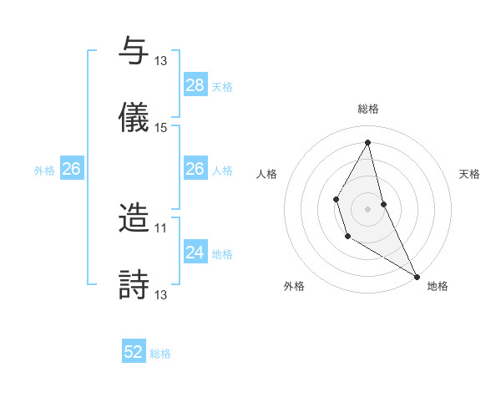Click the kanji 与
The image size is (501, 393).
tap(134, 51)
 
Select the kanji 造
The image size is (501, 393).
tap(134, 217)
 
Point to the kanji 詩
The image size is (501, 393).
tap(134, 284)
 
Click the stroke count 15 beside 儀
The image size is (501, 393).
tap(161, 128)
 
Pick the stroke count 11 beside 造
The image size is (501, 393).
tap(161, 227)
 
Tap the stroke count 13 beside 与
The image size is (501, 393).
tap(161, 61)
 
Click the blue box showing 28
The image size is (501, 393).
tap(195, 85)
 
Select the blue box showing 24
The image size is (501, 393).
tap(195, 253)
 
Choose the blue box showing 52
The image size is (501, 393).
tap(134, 352)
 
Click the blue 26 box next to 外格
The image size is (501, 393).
tap(71, 169)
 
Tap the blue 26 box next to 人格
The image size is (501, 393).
tap(195, 169)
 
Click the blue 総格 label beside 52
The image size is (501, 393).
tap(161, 354)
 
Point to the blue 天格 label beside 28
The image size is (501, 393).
tap(222, 87)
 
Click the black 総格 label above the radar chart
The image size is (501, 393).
tap(368, 109)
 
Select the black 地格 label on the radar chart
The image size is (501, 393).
tap(438, 286)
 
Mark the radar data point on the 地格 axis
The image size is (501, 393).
tap(417, 276)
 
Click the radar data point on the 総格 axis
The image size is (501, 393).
tap(368, 142)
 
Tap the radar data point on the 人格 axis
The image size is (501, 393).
tap(336, 199)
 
